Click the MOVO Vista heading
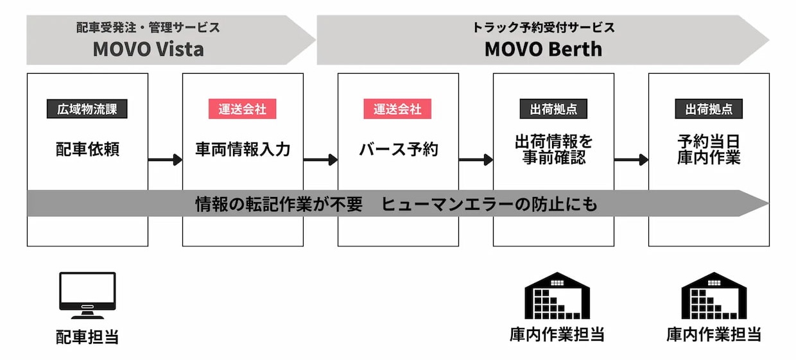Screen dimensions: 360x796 tap(148, 49)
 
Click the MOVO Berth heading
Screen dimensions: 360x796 tap(543, 49)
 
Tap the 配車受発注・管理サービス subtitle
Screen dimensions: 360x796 tap(148, 28)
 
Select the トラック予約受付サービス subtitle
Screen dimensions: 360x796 tap(543, 28)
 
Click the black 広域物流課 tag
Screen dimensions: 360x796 tap(87, 108)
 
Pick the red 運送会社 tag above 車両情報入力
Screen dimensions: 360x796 tap(243, 108)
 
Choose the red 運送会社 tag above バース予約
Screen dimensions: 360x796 tap(398, 108)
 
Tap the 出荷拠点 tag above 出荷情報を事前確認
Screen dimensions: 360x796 tap(553, 108)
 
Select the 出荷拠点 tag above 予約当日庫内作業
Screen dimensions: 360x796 tap(709, 108)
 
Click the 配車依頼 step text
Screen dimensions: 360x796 tap(87, 150)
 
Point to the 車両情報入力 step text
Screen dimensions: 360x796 tap(243, 150)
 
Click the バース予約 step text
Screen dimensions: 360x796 tap(398, 150)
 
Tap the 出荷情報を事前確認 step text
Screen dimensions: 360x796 tap(553, 150)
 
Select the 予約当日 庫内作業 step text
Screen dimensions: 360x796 tap(709, 150)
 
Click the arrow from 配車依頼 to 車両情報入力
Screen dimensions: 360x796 tap(165, 160)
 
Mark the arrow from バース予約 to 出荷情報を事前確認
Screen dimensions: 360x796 tap(476, 160)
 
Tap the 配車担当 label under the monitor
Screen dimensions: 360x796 tap(87, 337)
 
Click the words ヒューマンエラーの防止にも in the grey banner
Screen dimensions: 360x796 tap(489, 204)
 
